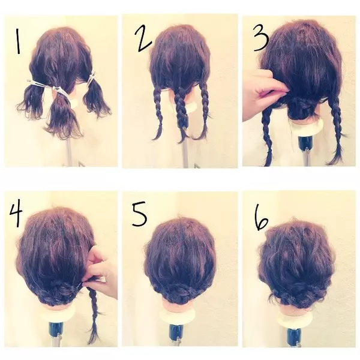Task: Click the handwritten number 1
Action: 18,41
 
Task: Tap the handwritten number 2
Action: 143,38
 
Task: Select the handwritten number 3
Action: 261,38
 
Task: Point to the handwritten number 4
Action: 16,212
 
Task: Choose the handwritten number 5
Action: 139,214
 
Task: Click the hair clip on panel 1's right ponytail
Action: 92,77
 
